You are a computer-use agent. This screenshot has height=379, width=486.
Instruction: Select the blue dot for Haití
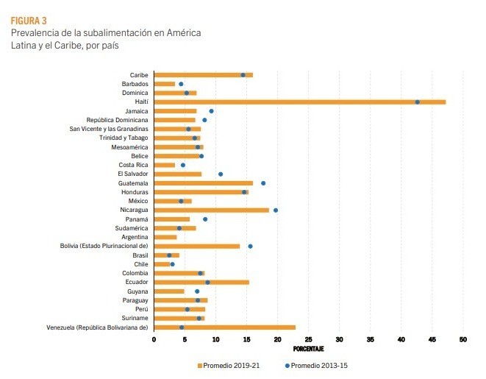418,102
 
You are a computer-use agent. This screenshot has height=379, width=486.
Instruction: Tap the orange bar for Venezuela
224,327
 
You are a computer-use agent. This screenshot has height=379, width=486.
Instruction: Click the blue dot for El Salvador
221,174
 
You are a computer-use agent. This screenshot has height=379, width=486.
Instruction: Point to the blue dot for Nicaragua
276,210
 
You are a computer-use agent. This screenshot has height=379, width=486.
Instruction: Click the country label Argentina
135,237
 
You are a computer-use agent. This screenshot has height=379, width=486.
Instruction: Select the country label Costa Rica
133,165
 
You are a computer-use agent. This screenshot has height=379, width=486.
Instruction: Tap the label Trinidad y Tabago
124,138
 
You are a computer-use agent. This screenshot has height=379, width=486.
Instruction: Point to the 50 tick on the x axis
463,339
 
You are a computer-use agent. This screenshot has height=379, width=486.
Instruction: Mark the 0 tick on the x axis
154,339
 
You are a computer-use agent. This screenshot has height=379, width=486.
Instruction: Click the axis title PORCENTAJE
309,348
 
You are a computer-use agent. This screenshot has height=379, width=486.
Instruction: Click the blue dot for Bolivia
250,246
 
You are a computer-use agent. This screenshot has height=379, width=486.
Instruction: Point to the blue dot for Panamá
205,219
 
